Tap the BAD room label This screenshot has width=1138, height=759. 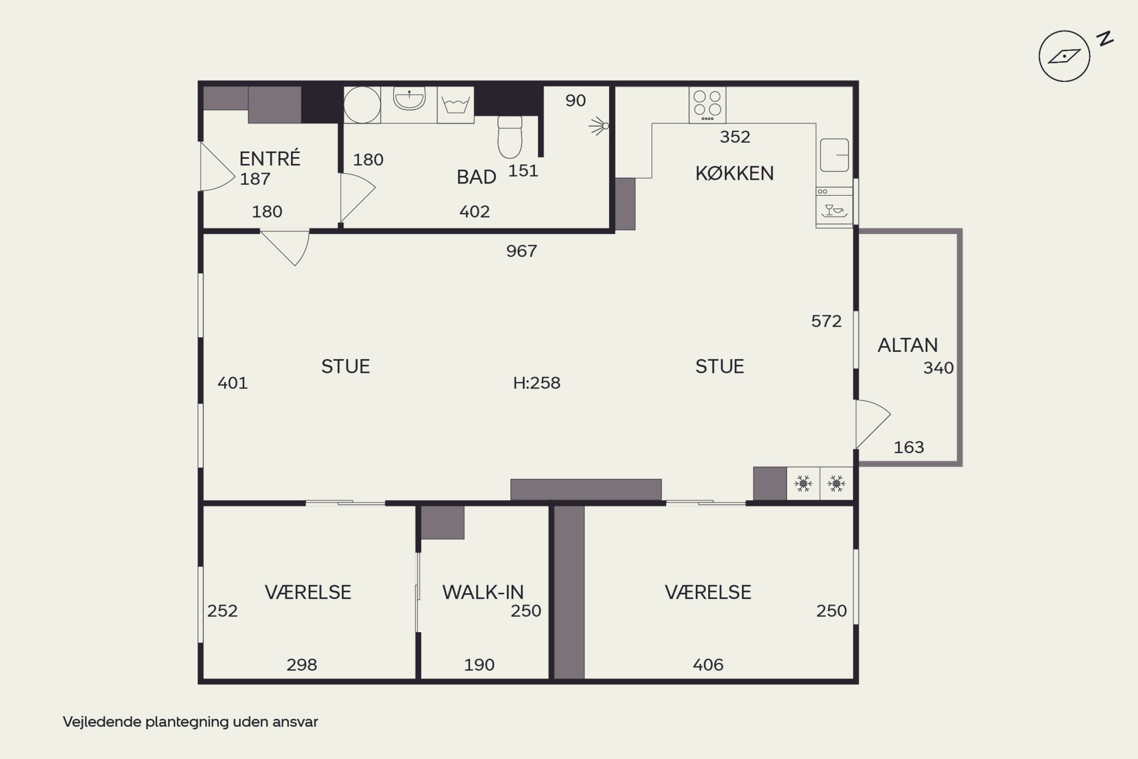click(x=476, y=177)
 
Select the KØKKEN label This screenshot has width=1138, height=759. click(x=734, y=173)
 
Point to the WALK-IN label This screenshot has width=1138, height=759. click(x=483, y=592)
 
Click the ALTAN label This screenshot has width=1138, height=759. click(x=908, y=345)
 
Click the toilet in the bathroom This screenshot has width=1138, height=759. click(x=510, y=137)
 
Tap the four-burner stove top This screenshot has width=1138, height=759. click(x=707, y=105)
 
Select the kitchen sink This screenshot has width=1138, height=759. click(x=835, y=155)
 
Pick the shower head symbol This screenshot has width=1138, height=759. click(x=599, y=126)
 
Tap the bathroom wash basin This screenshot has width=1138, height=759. click(x=409, y=99)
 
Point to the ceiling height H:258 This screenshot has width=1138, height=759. click(x=537, y=383)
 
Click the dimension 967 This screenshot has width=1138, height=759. click(x=522, y=251)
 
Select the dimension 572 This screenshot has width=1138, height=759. click(x=827, y=321)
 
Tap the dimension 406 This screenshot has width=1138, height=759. click(x=708, y=665)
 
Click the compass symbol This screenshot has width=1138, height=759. click(x=1064, y=56)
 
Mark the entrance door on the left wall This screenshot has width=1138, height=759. click(x=218, y=166)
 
